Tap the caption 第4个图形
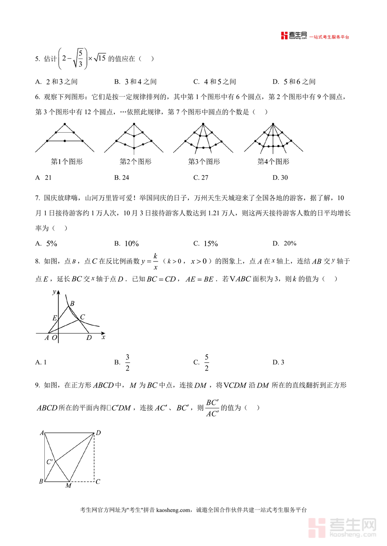273,162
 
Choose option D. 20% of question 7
284,243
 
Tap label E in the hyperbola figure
55,318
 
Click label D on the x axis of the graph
89,338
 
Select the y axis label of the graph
54,292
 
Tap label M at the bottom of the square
68,485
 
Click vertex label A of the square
42,433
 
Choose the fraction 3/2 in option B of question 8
127,362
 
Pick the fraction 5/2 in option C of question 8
206,362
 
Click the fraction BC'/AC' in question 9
212,408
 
